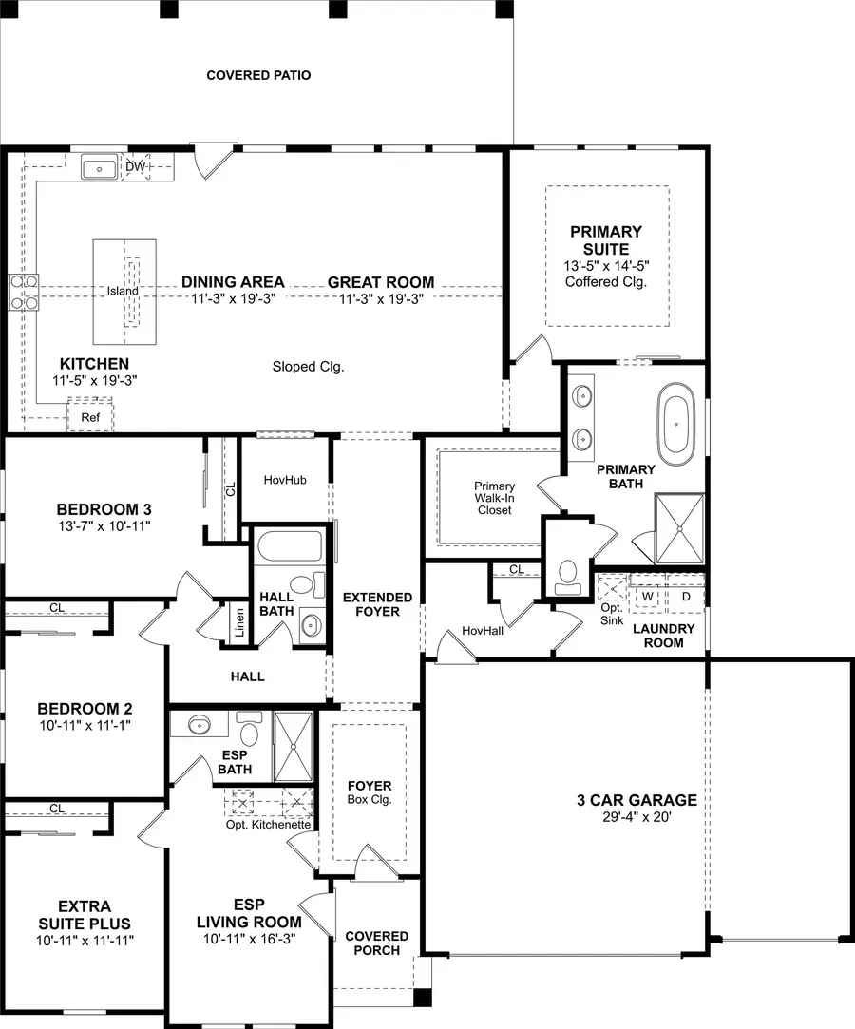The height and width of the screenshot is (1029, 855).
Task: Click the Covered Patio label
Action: (258, 75)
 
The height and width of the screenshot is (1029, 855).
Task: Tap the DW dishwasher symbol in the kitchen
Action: (136, 168)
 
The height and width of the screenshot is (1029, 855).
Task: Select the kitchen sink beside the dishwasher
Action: (99, 169)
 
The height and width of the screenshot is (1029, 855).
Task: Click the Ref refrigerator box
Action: (90, 416)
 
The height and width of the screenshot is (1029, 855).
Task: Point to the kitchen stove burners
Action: (24, 292)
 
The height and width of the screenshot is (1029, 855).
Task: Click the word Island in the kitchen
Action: (123, 291)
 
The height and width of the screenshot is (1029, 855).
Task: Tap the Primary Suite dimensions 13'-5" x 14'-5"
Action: (606, 266)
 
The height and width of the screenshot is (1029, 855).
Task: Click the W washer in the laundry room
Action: (648, 596)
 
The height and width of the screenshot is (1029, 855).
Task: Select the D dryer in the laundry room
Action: (686, 596)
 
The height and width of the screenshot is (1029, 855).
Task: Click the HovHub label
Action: (285, 480)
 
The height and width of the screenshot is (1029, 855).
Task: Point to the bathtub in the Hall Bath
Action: (290, 548)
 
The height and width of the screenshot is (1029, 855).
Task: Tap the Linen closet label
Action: (238, 623)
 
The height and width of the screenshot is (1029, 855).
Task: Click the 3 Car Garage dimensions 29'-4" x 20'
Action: (636, 817)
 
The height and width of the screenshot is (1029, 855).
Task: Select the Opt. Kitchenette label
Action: (268, 825)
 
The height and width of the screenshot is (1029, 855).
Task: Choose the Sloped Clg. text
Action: (308, 366)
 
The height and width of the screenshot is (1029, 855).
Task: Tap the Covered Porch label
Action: (376, 943)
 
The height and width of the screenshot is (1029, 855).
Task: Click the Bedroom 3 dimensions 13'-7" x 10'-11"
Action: (104, 524)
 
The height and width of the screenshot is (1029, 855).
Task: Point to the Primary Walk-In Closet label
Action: (494, 498)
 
